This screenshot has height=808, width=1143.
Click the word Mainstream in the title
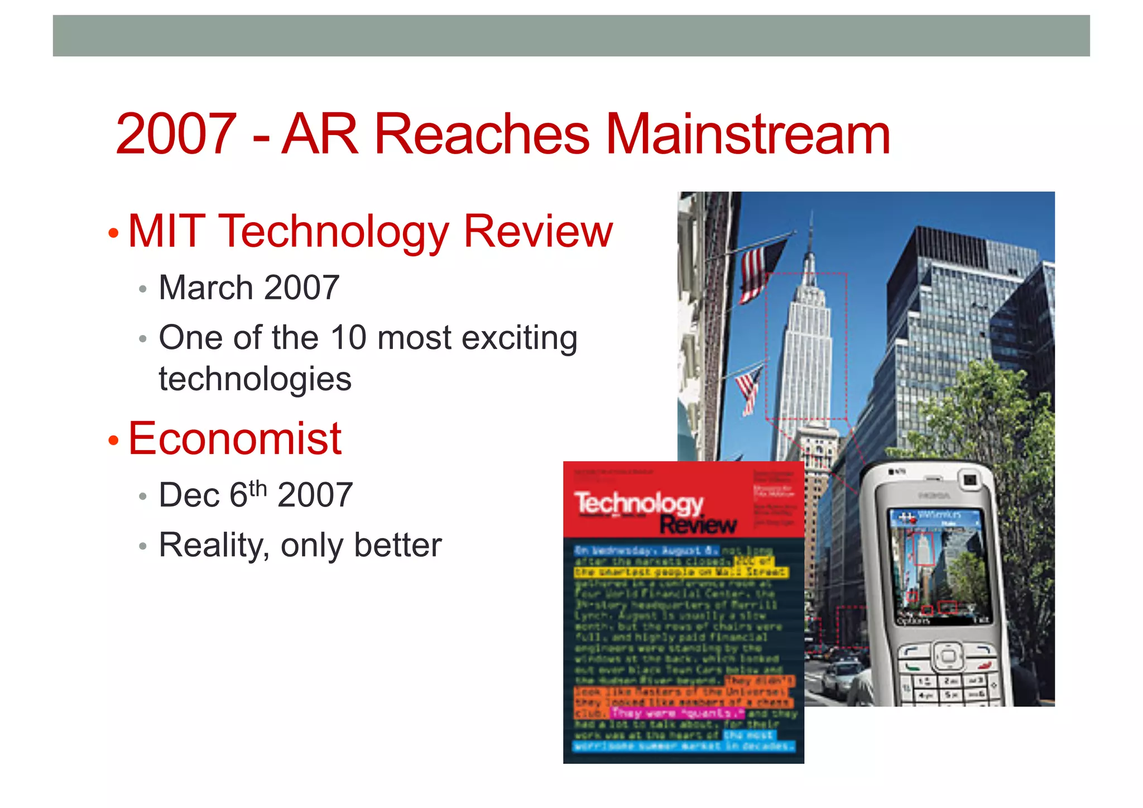[x=748, y=135]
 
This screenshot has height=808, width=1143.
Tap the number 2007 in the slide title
[x=176, y=135]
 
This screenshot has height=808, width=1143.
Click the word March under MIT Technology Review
[x=206, y=288]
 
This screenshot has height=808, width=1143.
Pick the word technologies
[x=255, y=379]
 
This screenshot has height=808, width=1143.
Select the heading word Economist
[x=235, y=439]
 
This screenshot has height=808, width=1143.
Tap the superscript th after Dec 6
[x=258, y=488]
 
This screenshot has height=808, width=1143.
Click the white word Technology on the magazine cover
[x=638, y=503]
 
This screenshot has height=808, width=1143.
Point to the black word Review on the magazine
[x=698, y=525]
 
